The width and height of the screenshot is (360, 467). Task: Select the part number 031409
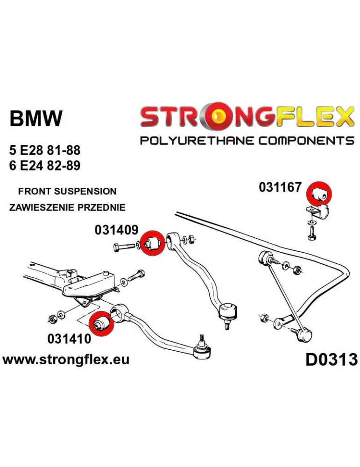116,230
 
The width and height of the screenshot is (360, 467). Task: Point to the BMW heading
35,119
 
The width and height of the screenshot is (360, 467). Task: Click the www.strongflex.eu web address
66,360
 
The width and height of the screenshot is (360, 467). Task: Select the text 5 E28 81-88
44,151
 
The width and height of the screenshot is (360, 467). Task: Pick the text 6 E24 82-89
44,166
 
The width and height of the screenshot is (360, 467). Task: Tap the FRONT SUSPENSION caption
67,191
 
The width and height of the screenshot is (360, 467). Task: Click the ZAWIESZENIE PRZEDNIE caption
67,207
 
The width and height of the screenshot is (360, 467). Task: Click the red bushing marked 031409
151,244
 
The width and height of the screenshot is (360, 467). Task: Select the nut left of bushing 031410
52,318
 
